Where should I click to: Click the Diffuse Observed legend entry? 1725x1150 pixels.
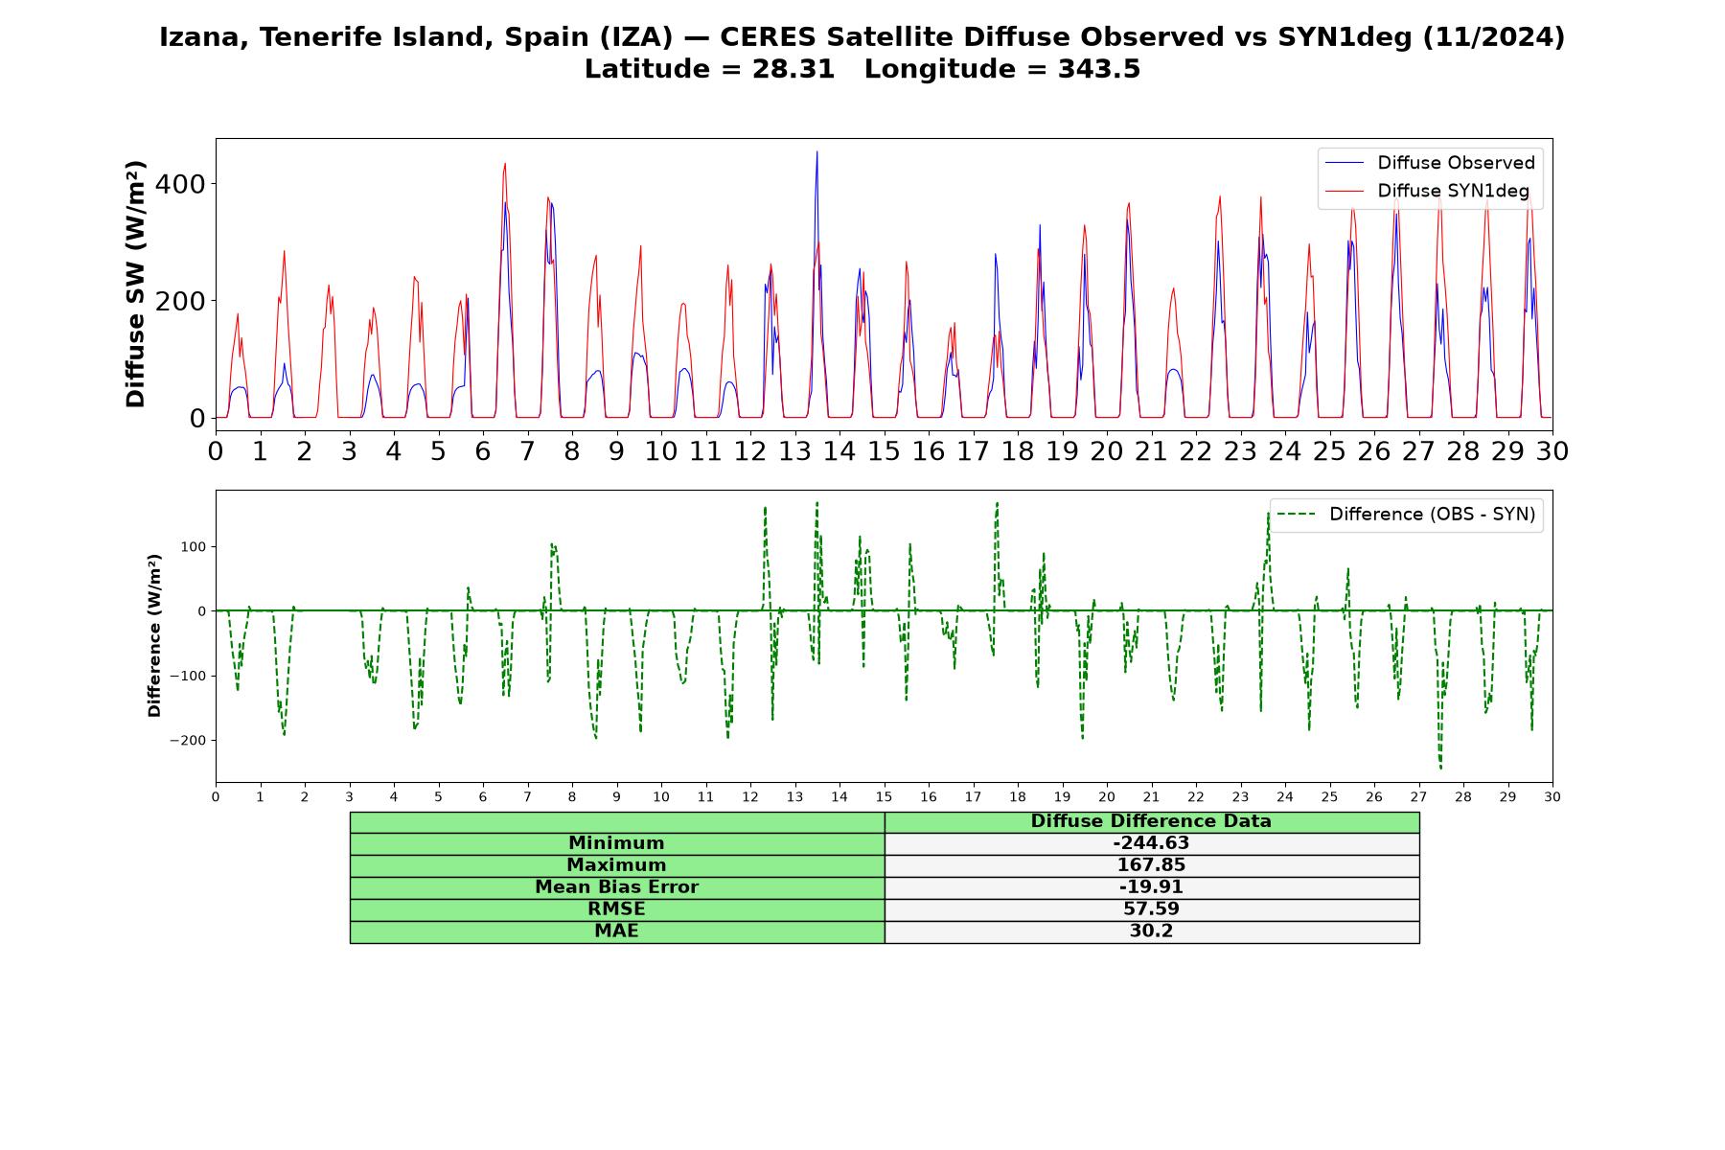pos(1430,163)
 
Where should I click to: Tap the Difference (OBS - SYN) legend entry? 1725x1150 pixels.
pos(1406,515)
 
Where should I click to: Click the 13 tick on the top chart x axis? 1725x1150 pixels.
pos(794,451)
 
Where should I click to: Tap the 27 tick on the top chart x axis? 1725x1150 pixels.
pos(1418,451)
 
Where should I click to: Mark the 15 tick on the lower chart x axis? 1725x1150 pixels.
pos(884,797)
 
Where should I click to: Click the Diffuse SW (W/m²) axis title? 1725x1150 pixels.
pos(136,285)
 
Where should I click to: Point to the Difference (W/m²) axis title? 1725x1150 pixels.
pos(154,635)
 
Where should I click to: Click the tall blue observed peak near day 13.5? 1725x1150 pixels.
pos(816,152)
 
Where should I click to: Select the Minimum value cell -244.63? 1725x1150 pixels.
pos(1151,843)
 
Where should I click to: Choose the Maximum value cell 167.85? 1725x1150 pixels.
pos(1151,865)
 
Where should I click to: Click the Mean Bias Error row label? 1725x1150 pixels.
pos(616,887)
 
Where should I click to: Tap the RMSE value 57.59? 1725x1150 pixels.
pos(1151,909)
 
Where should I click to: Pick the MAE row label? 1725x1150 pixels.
pos(616,931)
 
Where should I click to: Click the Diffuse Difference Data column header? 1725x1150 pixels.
pos(1151,821)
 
